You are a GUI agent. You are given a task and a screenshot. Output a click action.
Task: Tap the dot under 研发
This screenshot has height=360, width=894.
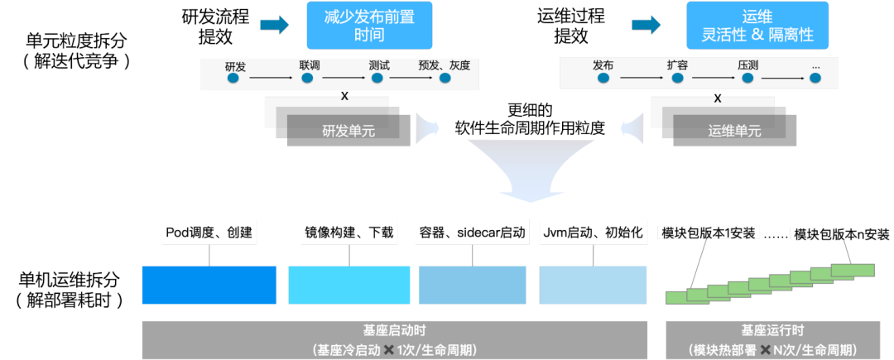coord(233,78)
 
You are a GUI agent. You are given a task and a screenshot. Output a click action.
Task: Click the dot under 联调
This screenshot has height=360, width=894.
coord(307,78)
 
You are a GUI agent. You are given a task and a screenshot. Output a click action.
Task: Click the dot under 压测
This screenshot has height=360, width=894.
coord(747,78)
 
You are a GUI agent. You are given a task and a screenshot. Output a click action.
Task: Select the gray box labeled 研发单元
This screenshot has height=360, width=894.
coord(348,131)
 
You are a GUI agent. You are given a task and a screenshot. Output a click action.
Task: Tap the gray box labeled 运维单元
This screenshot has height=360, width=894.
coord(734,131)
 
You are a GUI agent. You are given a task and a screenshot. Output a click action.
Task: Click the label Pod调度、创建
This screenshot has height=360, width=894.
coord(209,233)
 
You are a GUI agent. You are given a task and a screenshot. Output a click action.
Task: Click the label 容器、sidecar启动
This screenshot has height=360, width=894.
coord(472,233)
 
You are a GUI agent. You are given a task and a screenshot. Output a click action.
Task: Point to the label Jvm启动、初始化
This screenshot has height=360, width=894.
coord(592,233)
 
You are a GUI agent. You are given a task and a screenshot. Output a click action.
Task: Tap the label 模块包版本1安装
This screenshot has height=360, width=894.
coord(709,233)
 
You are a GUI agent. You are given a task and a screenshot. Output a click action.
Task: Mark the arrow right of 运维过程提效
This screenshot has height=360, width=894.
coord(646,25)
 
